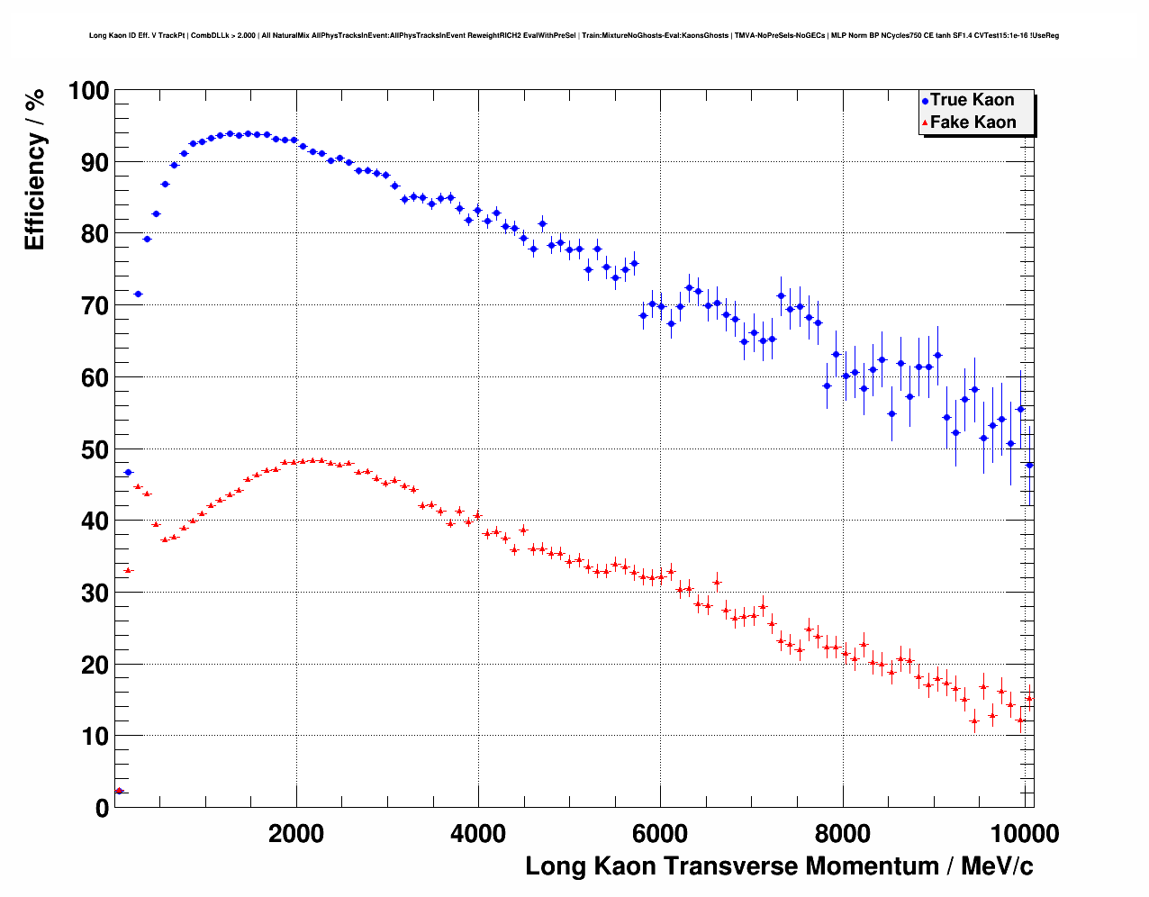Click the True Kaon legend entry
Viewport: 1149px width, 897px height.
click(x=972, y=100)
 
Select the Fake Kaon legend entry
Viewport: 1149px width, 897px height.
click(x=973, y=122)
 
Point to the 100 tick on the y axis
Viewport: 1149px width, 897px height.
click(x=88, y=91)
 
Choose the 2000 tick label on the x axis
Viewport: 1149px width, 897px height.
click(x=296, y=833)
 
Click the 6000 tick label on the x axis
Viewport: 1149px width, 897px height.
click(x=660, y=833)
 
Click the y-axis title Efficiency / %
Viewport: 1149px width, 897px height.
click(x=34, y=169)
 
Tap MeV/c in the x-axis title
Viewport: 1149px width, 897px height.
click(x=997, y=866)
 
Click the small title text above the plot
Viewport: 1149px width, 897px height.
click(x=574, y=36)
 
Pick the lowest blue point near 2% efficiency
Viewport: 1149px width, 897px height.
click(x=119, y=791)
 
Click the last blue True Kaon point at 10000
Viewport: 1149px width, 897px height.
click(x=1029, y=465)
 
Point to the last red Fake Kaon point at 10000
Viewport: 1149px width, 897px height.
click(x=1029, y=698)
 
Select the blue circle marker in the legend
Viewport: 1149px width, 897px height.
click(x=925, y=101)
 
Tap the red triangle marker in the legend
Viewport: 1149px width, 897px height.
click(x=925, y=123)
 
